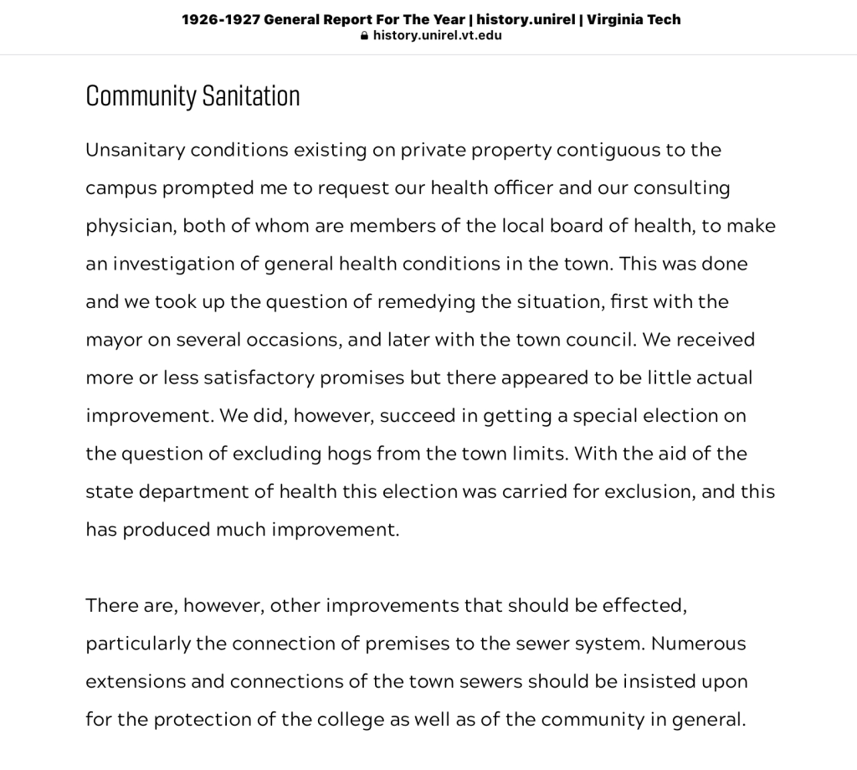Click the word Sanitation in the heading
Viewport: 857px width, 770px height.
(x=251, y=96)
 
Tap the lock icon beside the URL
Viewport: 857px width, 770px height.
(x=364, y=36)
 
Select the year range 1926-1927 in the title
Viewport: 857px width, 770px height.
(x=219, y=19)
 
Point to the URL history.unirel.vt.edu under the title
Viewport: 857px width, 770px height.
(x=437, y=35)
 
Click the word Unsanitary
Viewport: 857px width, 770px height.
(x=135, y=150)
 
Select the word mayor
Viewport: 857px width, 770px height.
(x=113, y=340)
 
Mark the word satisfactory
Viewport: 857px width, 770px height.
(x=259, y=377)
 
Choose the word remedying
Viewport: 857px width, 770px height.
(x=426, y=301)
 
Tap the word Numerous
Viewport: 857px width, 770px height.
(x=698, y=644)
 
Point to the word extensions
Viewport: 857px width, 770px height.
(x=135, y=681)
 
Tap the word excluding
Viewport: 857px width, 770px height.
(x=277, y=454)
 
